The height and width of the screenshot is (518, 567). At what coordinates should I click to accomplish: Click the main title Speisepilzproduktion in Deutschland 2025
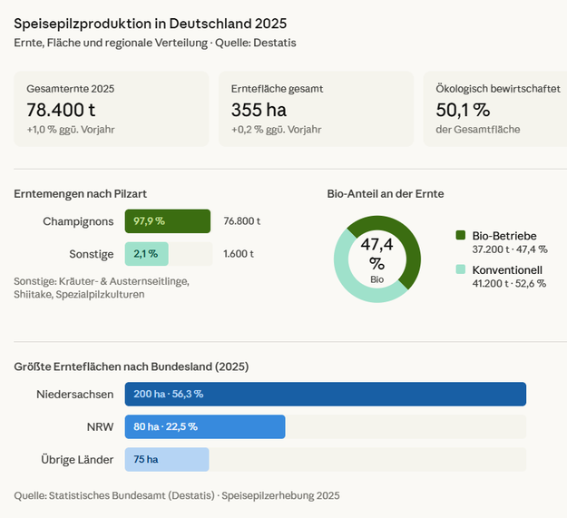[x=156, y=22]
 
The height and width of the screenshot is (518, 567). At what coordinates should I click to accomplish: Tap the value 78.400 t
[x=62, y=110]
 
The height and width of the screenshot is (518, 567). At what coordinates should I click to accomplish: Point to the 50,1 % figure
[x=463, y=110]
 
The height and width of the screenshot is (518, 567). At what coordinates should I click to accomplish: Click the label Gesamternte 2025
[x=71, y=89]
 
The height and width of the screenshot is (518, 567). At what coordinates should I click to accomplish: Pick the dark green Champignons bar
[x=168, y=221]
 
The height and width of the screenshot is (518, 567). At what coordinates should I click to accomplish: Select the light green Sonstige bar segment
[x=147, y=254]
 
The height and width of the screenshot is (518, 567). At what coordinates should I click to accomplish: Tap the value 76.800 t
[x=242, y=221]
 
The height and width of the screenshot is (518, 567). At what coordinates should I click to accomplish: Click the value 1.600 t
[x=239, y=254]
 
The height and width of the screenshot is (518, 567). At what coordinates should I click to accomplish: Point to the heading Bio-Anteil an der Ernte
[x=386, y=193]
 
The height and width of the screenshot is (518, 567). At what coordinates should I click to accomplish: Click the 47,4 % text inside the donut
[x=377, y=252]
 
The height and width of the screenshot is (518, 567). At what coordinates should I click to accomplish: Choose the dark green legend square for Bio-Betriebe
[x=461, y=236]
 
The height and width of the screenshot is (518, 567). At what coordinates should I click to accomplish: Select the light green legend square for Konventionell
[x=461, y=270]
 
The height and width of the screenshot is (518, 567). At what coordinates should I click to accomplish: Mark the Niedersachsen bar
[x=326, y=394]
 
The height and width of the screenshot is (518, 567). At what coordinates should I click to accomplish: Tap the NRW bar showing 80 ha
[x=205, y=426]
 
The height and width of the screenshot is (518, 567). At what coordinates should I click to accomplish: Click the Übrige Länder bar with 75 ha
[x=167, y=459]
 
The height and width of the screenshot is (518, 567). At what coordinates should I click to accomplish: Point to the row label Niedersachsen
[x=75, y=394]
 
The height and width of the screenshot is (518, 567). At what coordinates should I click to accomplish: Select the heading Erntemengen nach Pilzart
[x=81, y=193]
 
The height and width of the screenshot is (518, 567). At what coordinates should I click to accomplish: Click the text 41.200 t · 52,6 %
[x=509, y=283]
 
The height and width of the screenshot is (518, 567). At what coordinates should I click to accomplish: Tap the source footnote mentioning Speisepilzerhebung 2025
[x=177, y=495]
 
